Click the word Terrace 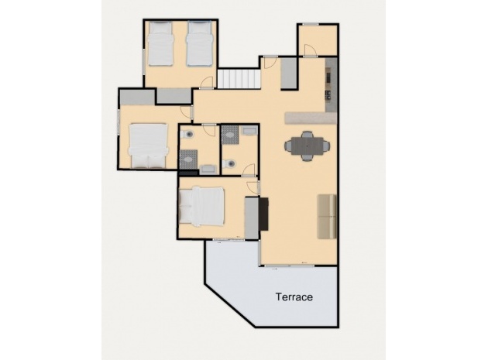tap(294, 297)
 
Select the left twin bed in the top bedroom tap(163, 43)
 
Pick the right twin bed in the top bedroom tap(199, 43)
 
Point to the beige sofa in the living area tap(327, 215)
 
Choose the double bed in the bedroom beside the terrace tap(201, 207)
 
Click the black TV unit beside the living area tap(263, 214)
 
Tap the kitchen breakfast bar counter tap(309, 118)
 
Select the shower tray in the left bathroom tap(187, 159)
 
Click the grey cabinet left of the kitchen tap(288, 74)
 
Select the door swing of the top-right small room tap(308, 51)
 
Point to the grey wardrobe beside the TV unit tap(251, 218)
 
